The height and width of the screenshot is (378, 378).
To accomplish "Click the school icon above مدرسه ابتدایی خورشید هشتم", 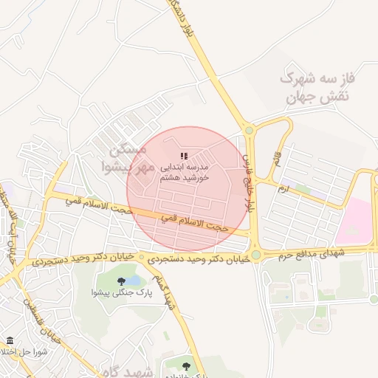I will click(184, 156).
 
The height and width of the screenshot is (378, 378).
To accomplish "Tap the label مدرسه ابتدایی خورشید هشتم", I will click(185, 173).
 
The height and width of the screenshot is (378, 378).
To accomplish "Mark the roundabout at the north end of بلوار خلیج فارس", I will click(249, 131).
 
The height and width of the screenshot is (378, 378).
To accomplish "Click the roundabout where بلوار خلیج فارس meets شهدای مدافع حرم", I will click(255, 255).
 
